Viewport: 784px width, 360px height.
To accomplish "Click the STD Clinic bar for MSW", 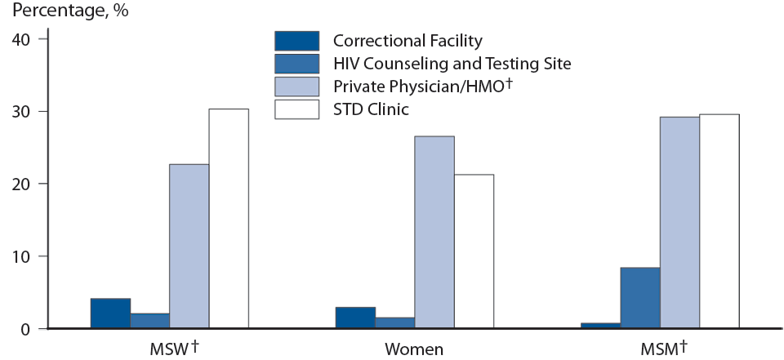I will [x=229, y=219].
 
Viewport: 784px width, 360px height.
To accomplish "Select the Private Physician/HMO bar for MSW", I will [x=189, y=247].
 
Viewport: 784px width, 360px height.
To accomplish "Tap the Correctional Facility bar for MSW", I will [x=110, y=313].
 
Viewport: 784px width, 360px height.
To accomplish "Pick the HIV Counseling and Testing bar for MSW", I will [x=149, y=321].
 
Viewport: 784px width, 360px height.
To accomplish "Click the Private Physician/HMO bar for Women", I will [x=434, y=233].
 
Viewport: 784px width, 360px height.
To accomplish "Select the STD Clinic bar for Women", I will [x=474, y=251].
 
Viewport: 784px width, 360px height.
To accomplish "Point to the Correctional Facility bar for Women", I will [x=355, y=318].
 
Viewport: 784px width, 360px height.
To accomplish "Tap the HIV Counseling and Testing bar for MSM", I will [x=639, y=298].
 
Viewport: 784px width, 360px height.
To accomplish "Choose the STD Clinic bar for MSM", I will [x=719, y=221].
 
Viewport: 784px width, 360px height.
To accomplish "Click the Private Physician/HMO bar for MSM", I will [x=679, y=223].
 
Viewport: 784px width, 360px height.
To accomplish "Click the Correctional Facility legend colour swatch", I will [x=296, y=41].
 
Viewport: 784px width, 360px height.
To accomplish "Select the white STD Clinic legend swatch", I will [x=296, y=109].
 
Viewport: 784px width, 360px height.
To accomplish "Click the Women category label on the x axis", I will [x=414, y=349].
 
